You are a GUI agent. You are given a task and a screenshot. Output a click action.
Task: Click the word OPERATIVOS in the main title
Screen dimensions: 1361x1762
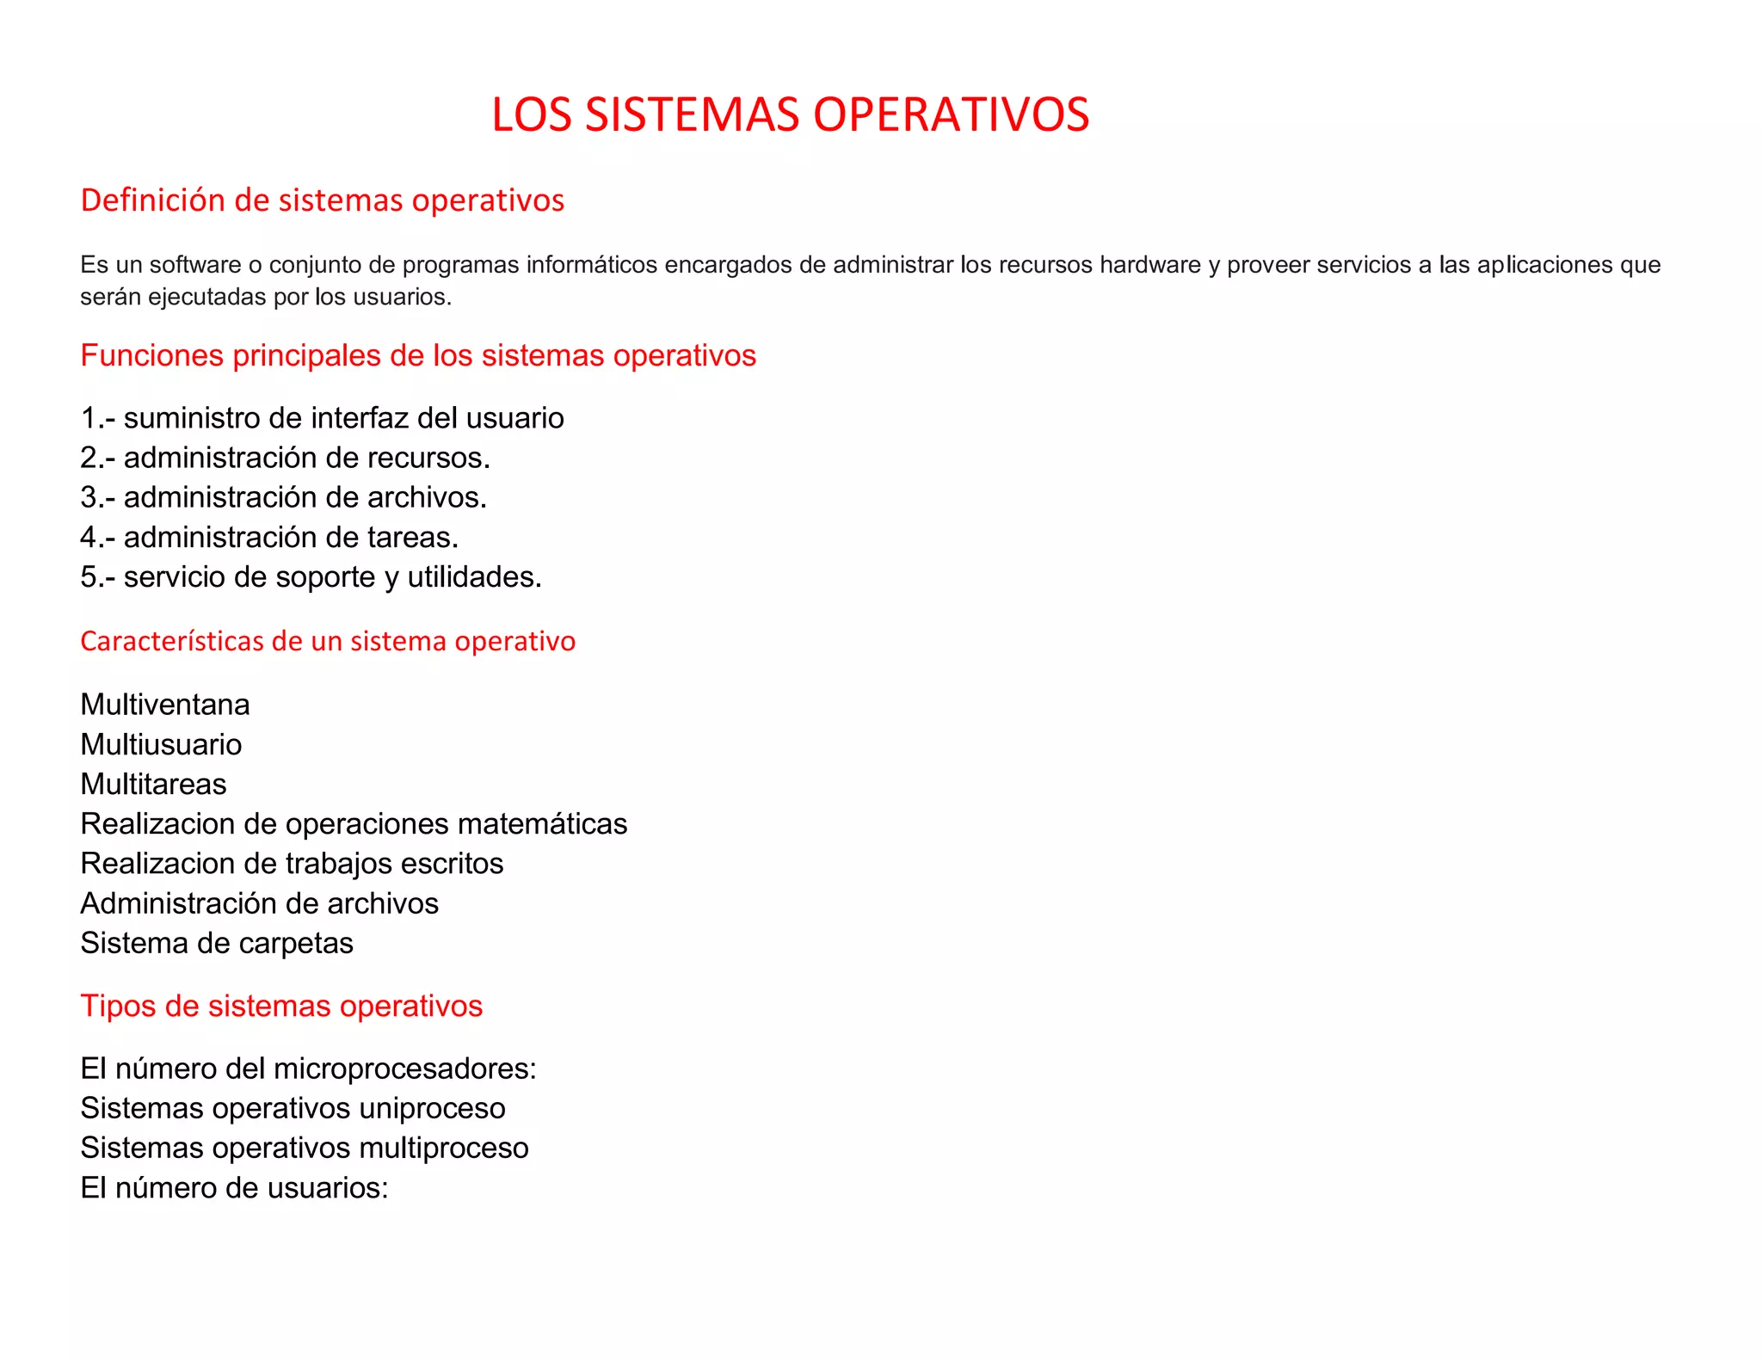(951, 114)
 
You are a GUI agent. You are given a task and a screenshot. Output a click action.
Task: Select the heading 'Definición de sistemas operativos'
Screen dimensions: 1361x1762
(322, 200)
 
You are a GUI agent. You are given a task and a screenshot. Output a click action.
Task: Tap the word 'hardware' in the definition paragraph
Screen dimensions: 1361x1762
(1149, 265)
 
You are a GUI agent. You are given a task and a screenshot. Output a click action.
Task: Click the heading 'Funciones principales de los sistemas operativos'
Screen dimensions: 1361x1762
(418, 355)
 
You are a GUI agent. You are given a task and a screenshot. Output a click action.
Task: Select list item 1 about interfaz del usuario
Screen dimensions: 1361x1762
(322, 418)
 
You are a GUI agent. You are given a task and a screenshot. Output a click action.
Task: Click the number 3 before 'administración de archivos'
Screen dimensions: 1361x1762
(89, 497)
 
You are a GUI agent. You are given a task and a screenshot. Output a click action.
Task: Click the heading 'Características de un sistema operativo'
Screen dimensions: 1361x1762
(328, 642)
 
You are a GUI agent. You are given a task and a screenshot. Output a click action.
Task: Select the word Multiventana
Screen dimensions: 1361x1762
(165, 705)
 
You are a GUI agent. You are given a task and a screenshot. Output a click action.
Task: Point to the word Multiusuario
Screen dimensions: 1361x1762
(161, 744)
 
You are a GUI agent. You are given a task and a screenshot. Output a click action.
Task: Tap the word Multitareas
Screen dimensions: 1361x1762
(153, 785)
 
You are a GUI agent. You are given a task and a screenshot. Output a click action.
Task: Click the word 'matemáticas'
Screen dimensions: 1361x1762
(542, 824)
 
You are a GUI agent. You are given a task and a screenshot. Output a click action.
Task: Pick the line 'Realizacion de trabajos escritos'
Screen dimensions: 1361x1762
(292, 864)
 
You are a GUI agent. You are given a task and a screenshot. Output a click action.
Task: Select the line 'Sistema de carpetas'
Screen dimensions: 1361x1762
(217, 944)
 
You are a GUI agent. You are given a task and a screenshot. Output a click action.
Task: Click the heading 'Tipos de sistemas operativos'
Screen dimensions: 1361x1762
(281, 1007)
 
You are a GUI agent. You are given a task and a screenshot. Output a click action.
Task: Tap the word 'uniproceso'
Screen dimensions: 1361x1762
(432, 1109)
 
